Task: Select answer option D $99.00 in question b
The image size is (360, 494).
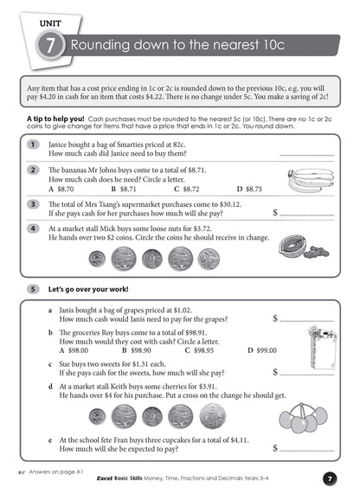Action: pos(262,350)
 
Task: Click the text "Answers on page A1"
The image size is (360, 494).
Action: pos(55,472)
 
